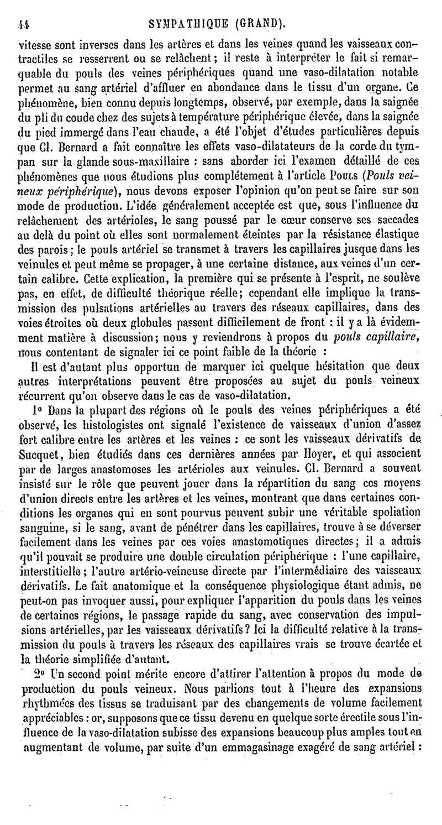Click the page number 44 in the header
click(x=23, y=9)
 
